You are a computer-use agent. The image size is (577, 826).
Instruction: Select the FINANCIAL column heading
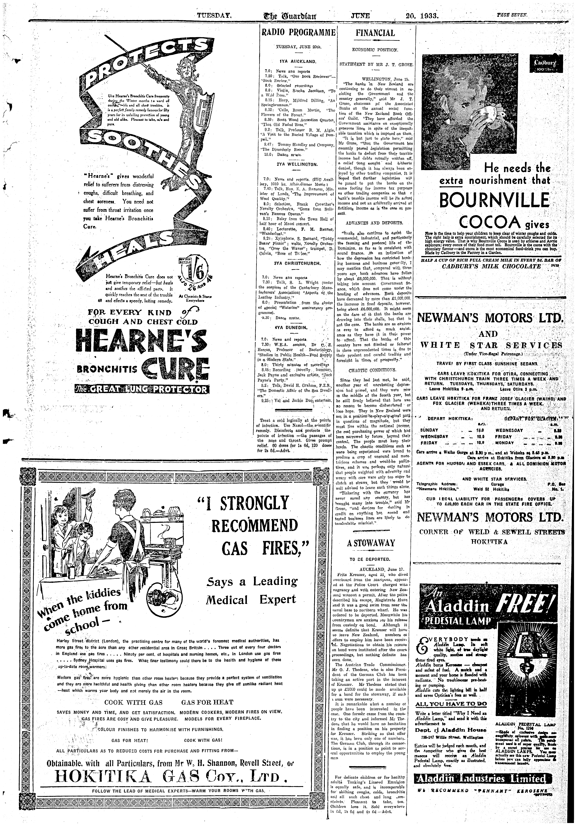click(375, 33)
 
